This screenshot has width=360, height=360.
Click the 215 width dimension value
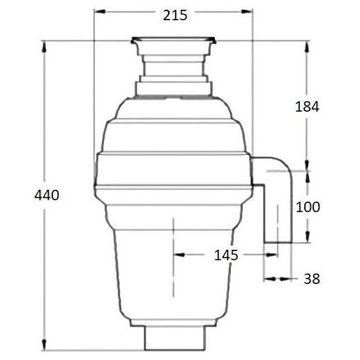click(x=175, y=15)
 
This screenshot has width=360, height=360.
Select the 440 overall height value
click(x=47, y=195)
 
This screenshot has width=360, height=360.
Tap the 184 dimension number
click(x=307, y=107)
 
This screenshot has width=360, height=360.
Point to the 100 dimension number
click(x=308, y=207)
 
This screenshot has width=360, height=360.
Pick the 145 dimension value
click(x=226, y=255)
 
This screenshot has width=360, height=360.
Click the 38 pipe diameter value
click(x=312, y=278)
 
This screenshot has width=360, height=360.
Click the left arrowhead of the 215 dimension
click(x=100, y=12)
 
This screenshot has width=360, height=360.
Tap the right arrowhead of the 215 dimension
click(x=247, y=12)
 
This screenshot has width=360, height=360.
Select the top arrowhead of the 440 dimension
click(x=44, y=47)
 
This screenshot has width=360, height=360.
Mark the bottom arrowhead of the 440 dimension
click(x=44, y=344)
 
